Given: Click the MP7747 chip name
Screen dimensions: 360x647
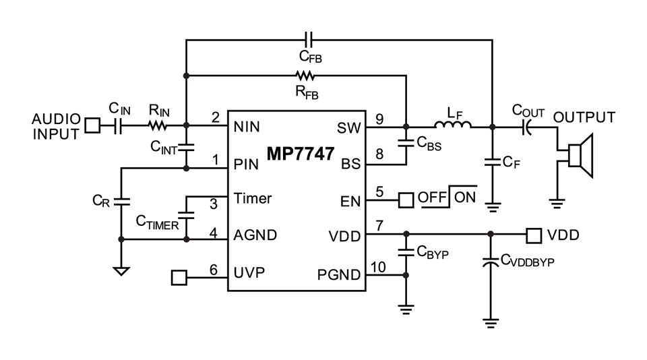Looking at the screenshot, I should [297, 154].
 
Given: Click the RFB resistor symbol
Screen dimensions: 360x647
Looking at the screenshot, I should [305, 76].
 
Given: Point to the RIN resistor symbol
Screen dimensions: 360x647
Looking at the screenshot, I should [159, 125].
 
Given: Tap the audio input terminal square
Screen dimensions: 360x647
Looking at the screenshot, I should [92, 125].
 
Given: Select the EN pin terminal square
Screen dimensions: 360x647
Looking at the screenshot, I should [405, 200].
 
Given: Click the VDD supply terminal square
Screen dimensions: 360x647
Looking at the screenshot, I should [533, 235].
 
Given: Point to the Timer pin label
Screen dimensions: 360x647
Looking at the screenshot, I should [252, 199].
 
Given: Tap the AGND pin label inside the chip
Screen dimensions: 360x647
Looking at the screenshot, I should [255, 236].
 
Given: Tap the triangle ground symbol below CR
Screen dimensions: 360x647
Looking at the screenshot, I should [121, 271].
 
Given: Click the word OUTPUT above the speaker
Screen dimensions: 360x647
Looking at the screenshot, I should [584, 117].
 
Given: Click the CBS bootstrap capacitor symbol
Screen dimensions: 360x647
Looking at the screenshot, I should [406, 143].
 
